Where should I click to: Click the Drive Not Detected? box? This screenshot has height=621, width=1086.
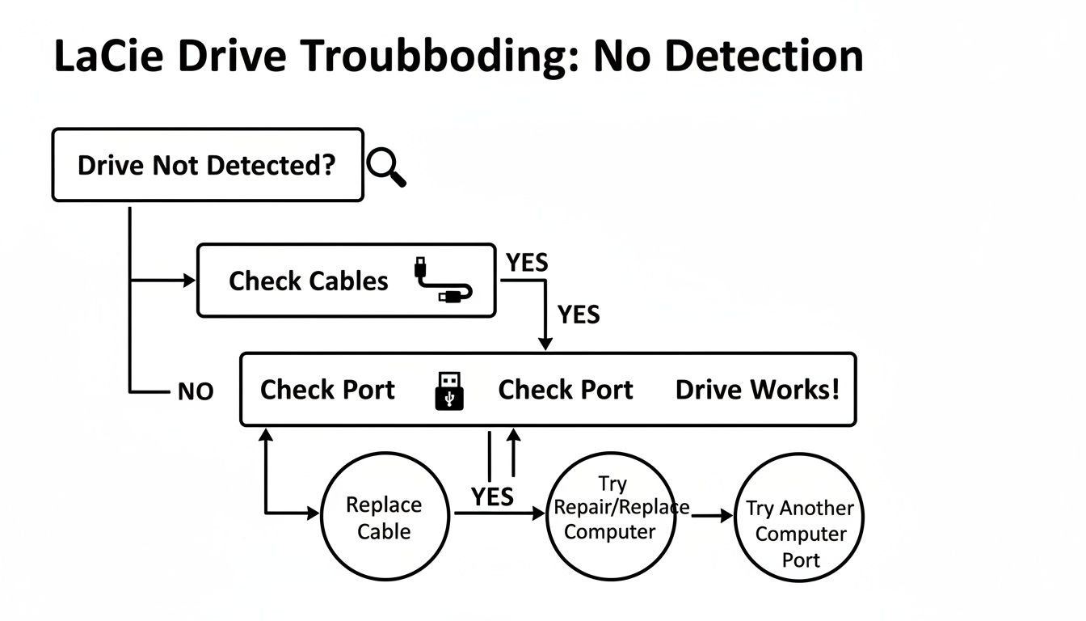pyautogui.click(x=207, y=165)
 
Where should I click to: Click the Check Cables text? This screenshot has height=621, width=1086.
pyautogui.click(x=308, y=281)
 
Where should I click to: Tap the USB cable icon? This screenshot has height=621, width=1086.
pyautogui.click(x=443, y=281)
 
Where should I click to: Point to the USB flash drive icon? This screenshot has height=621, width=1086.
pyautogui.click(x=450, y=391)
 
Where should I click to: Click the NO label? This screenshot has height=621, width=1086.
pyautogui.click(x=195, y=392)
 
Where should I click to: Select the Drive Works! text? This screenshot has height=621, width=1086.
pyautogui.click(x=757, y=390)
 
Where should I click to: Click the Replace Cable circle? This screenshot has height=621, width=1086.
pyautogui.click(x=384, y=517)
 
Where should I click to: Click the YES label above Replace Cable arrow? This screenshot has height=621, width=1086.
pyautogui.click(x=492, y=496)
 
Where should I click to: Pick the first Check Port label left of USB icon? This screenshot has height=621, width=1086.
pyautogui.click(x=327, y=390)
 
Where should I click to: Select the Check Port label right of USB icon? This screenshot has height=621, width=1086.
pyautogui.click(x=565, y=390)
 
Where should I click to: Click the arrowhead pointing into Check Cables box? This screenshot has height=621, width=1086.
pyautogui.click(x=191, y=281)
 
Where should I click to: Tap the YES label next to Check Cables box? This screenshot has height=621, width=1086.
pyautogui.click(x=527, y=263)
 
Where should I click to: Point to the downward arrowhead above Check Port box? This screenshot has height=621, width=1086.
pyautogui.click(x=545, y=344)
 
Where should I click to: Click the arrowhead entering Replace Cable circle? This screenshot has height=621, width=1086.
pyautogui.click(x=314, y=513)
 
